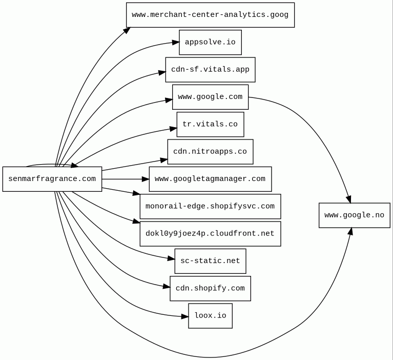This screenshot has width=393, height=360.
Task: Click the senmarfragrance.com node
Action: [x=52, y=179]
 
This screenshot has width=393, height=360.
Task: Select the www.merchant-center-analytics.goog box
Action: [x=210, y=15]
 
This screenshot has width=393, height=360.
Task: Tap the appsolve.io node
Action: [x=210, y=42]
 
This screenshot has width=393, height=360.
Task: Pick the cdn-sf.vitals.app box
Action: [x=210, y=70]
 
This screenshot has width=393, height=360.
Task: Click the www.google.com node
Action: [x=210, y=97]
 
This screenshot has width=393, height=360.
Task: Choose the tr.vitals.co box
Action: [x=210, y=125]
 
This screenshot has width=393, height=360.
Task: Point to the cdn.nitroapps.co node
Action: [x=210, y=152]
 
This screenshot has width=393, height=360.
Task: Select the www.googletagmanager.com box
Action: [x=210, y=179]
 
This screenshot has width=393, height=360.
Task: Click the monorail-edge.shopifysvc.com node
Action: [x=210, y=206]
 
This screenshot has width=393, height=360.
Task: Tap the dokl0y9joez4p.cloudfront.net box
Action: [x=210, y=234]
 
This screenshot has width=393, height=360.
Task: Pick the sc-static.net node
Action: [x=210, y=261]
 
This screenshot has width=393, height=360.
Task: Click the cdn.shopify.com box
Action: [x=210, y=288]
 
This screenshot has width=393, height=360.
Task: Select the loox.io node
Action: [x=210, y=316]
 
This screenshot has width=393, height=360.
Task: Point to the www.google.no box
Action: [x=354, y=215]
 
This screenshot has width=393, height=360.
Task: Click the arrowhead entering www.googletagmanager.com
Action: [x=146, y=179]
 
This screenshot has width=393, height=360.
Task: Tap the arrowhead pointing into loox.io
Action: [x=185, y=317]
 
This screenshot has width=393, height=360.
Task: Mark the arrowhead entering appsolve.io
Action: [x=176, y=43]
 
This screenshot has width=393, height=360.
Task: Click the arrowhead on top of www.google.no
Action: [x=349, y=199]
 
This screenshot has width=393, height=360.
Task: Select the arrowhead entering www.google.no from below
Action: [x=350, y=231]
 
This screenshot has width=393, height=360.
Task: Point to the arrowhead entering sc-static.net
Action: [x=171, y=258]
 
